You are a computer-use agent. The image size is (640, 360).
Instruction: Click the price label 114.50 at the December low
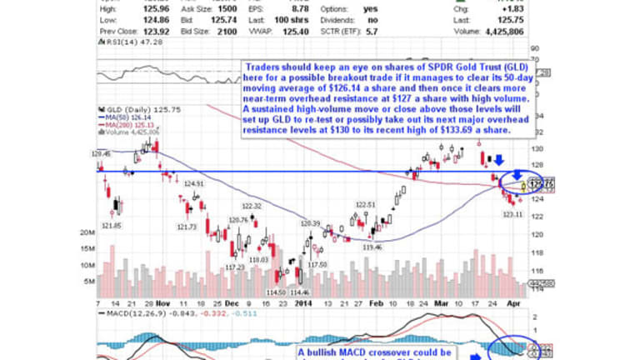276,292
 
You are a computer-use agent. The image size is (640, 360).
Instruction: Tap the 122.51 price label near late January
367,203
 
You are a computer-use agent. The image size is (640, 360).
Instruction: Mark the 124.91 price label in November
194,183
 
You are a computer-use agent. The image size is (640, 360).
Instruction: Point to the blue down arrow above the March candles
498,159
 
